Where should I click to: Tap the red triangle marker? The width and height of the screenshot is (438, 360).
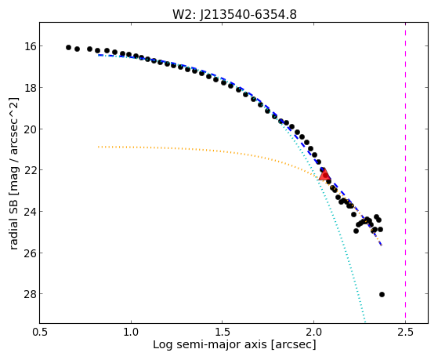324,175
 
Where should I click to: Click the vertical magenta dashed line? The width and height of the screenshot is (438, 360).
405,173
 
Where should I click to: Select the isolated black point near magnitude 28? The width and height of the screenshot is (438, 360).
382,294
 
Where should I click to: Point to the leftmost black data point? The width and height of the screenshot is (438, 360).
68,47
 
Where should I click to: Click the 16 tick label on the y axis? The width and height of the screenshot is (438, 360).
30,46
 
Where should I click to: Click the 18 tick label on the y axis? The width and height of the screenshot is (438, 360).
30,88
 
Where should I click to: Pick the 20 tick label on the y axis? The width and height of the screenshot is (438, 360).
30,129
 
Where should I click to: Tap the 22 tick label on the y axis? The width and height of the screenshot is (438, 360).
30,170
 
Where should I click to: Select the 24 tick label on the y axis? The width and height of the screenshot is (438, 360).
30,212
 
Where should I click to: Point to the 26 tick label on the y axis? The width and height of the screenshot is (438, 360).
30,253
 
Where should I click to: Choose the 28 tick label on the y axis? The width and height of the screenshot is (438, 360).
30,294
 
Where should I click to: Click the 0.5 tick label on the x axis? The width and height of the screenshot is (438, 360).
40,332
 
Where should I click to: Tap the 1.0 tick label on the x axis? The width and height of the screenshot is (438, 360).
131,332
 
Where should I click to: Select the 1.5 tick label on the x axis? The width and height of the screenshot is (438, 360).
223,332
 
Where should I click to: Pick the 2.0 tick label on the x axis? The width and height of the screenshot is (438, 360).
313,332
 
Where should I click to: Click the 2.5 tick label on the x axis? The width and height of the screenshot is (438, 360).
405,332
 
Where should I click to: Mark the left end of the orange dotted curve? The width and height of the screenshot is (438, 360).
98,147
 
